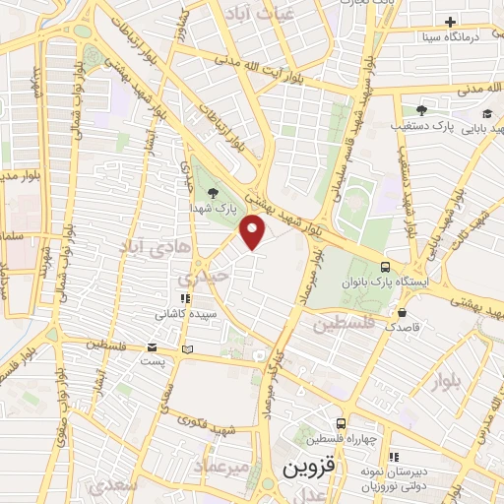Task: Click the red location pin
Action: tap(254, 232)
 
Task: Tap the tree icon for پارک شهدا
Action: tap(214, 194)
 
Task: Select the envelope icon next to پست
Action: tap(152, 346)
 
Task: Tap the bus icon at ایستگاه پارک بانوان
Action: tap(385, 267)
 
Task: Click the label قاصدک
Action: tap(403, 325)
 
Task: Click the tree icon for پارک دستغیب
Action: tap(420, 110)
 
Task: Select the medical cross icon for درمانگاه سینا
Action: tap(450, 22)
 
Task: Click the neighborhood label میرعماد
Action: tap(229, 463)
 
